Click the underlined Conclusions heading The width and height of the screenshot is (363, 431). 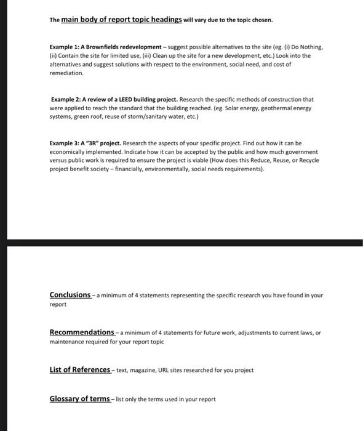pyautogui.click(x=70, y=295)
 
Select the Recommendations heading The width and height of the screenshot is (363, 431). pyautogui.click(x=82, y=332)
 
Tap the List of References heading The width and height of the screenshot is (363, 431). pyautogui.click(x=79, y=369)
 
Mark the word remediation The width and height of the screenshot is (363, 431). pyautogui.click(x=66, y=73)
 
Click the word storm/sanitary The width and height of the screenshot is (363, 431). pyautogui.click(x=160, y=116)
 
